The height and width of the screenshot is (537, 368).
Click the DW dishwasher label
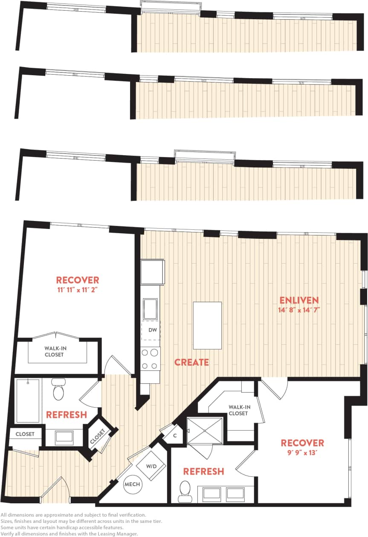click(152, 330)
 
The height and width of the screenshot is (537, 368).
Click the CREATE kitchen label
click(192, 362)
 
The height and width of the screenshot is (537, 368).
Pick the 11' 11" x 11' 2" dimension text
click(78, 289)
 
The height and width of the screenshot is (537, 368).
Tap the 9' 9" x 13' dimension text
click(302, 452)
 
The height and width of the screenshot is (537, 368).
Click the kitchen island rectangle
click(207, 326)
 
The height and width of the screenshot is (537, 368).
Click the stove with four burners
click(151, 359)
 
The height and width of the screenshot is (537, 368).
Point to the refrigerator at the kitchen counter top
click(153, 272)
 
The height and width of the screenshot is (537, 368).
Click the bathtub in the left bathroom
click(28, 400)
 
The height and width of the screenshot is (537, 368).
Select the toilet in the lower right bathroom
click(185, 490)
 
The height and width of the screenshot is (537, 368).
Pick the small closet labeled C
click(174, 436)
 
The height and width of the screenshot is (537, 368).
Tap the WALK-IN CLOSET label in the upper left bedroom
click(55, 351)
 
